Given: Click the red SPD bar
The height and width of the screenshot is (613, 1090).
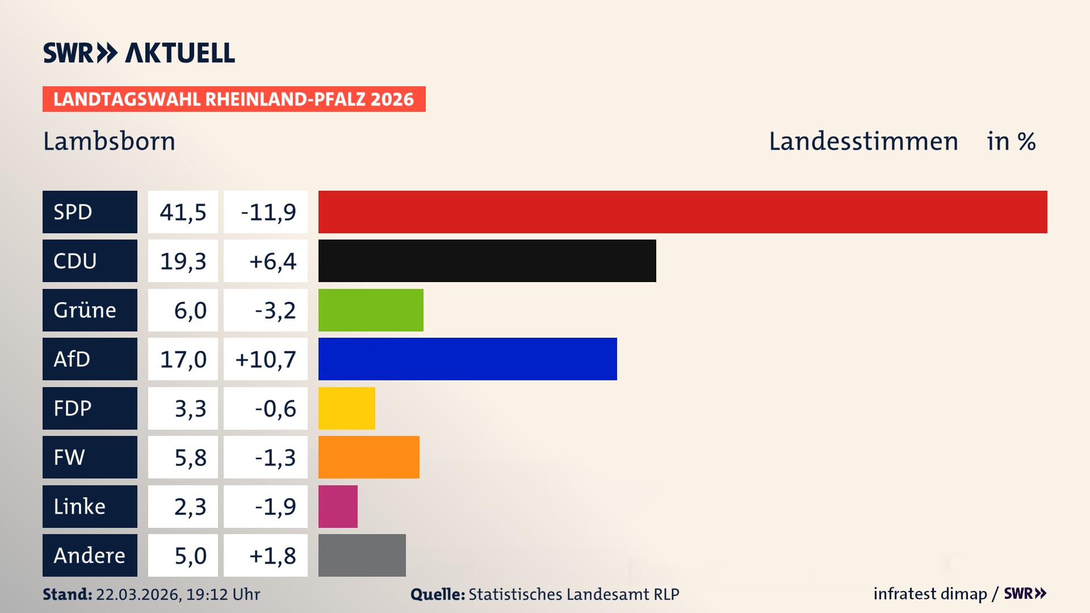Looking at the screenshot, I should (x=682, y=212).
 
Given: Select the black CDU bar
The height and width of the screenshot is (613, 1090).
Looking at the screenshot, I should (x=487, y=261).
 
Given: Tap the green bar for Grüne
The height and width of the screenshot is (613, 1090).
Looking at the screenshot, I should (x=371, y=310).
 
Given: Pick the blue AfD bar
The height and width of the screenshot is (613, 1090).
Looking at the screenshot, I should (x=467, y=359).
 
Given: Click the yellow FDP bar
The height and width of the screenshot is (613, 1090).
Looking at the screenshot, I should (x=346, y=408).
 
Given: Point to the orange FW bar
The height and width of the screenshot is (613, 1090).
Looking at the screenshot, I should (x=368, y=457).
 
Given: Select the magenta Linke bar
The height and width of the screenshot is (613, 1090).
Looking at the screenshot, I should (x=338, y=506).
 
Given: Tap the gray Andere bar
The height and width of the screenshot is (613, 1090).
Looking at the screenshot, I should (x=362, y=555).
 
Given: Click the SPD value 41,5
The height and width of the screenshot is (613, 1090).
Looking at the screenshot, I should (x=183, y=212).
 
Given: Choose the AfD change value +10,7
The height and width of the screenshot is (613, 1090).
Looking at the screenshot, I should (x=266, y=359).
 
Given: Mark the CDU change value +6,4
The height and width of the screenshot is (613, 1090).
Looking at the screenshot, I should (x=272, y=261).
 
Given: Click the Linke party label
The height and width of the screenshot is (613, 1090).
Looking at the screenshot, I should (x=79, y=506).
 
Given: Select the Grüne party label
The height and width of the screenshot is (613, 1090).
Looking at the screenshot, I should (x=85, y=310).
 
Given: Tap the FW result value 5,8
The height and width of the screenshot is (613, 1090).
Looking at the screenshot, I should (x=190, y=457).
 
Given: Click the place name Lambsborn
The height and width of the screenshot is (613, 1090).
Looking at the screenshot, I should (x=109, y=141).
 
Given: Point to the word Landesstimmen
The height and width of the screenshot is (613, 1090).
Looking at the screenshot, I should (x=863, y=141).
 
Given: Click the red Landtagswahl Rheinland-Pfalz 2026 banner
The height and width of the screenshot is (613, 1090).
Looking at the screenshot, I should (x=234, y=99).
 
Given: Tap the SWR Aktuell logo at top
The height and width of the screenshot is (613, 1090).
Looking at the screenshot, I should (x=139, y=53).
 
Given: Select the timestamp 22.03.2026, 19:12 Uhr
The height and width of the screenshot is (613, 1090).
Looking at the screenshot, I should (x=178, y=594).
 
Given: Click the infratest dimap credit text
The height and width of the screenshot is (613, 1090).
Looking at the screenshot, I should (x=929, y=594).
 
